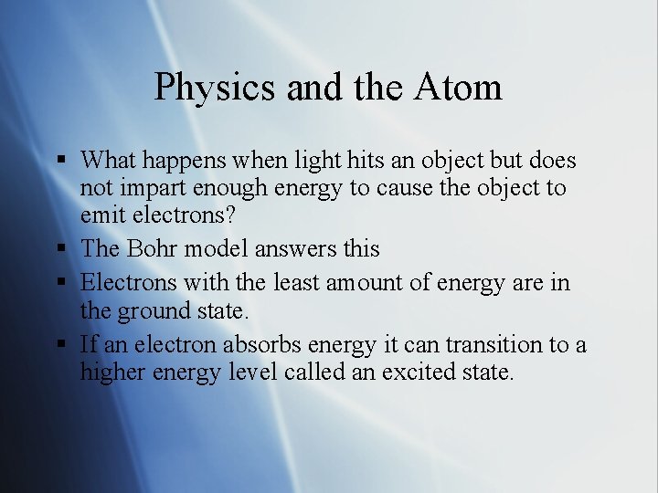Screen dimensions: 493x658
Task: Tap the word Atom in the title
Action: tap(459, 88)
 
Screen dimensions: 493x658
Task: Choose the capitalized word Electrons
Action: tap(119, 283)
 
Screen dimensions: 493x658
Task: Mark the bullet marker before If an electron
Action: tap(61, 345)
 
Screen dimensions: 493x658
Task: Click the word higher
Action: tap(111, 373)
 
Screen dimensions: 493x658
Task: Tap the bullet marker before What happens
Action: tap(61, 161)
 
